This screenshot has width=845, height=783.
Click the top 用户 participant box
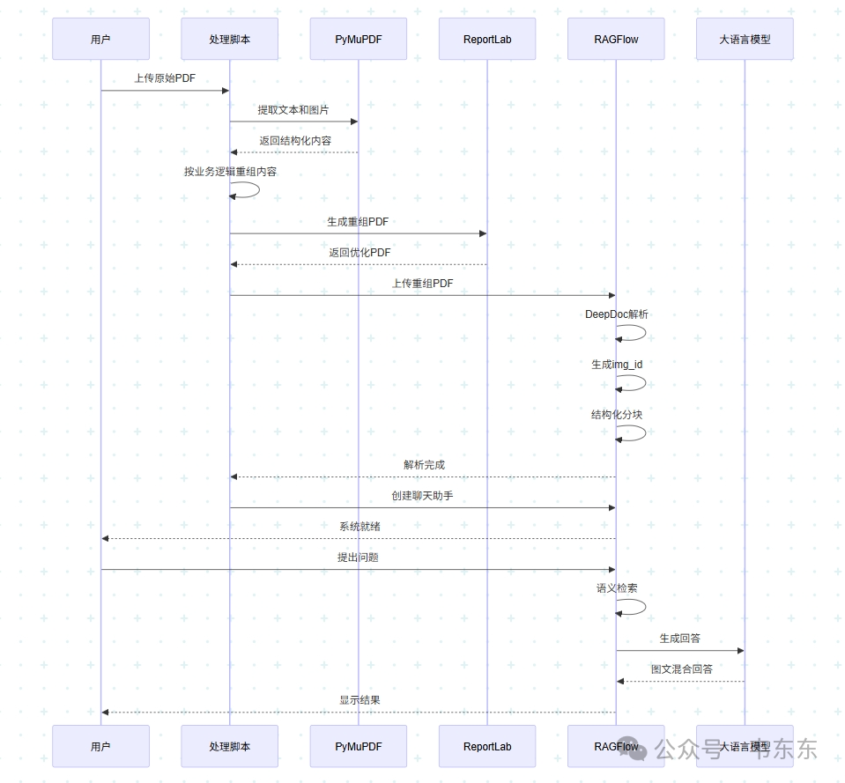pos(100,39)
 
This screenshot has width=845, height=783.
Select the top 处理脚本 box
pos(229,39)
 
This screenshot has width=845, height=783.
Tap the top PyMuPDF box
pos(358,39)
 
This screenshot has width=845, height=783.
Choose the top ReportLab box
pos(487,39)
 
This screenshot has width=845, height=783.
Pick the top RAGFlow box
pos(616,39)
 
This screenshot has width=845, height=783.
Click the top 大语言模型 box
pos(745,39)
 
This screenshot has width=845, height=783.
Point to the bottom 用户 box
pos(100,746)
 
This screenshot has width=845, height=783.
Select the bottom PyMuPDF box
pos(358,746)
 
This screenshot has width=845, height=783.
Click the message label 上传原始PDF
pos(165,78)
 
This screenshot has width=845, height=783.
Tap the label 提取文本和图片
pos(293,110)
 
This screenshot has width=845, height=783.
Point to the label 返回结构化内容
pos(295,140)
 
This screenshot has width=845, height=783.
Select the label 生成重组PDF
pos(358,222)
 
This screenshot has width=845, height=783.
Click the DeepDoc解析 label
pos(617,314)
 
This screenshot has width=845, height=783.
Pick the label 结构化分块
pos(617,415)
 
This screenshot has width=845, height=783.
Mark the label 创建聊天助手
pos(422,496)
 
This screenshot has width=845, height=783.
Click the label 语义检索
pos(617,588)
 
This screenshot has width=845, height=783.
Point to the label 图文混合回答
pos(681,669)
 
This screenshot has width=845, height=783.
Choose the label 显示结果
pos(359,700)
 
